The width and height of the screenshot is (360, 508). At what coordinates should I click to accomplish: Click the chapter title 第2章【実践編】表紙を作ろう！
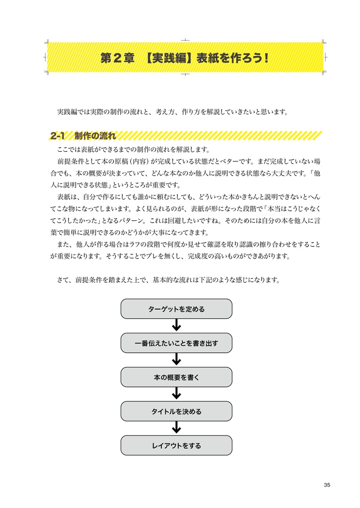click(184, 58)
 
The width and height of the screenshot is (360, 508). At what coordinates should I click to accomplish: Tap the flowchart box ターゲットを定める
click(176, 309)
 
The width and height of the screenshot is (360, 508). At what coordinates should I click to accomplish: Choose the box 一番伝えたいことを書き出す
click(176, 343)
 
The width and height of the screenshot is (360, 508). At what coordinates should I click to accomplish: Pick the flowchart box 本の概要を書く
click(176, 377)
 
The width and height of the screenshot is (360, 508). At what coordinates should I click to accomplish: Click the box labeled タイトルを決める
click(176, 411)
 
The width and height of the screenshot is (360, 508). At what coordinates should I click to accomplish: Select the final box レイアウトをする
click(176, 445)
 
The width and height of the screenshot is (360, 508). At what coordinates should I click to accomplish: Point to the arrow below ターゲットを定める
click(176, 325)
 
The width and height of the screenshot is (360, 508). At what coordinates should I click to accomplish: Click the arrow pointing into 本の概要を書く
click(176, 360)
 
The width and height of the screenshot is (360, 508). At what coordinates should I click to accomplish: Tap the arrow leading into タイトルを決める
click(176, 394)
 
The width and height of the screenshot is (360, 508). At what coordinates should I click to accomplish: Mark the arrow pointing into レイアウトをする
click(176, 428)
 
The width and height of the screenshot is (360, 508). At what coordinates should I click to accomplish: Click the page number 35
click(326, 485)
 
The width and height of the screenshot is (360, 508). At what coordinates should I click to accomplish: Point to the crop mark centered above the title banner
click(185, 40)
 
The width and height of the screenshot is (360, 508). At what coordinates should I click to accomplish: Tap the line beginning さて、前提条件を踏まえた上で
click(169, 280)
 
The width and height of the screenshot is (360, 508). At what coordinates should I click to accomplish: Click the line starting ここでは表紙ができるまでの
click(134, 150)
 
